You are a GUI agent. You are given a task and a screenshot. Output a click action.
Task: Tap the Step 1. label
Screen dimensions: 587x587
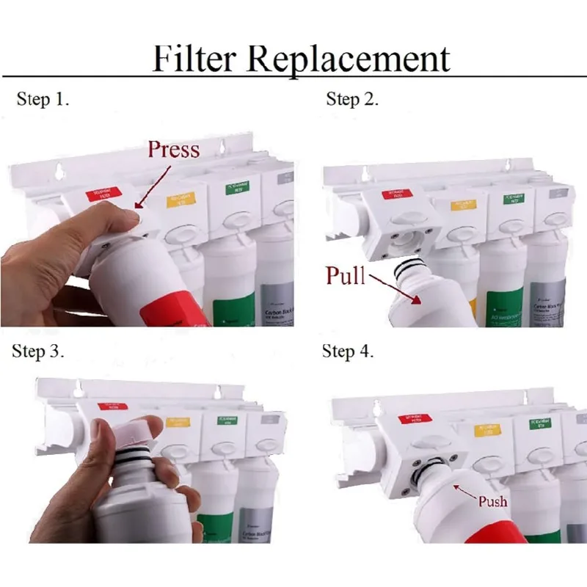(43, 100)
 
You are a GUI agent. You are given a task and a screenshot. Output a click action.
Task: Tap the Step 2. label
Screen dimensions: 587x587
(352, 100)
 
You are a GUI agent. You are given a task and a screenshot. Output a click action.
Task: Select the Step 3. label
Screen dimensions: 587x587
(38, 351)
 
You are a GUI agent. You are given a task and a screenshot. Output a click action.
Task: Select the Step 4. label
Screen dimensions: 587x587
(348, 351)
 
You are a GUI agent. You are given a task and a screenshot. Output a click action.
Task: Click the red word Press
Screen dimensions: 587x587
(173, 150)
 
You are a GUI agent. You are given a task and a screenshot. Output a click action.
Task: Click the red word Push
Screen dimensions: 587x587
(492, 501)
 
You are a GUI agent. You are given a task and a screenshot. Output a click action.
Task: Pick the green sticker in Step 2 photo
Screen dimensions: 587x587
(518, 198)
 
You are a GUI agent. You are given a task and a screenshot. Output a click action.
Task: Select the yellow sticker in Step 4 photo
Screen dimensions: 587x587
(489, 429)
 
